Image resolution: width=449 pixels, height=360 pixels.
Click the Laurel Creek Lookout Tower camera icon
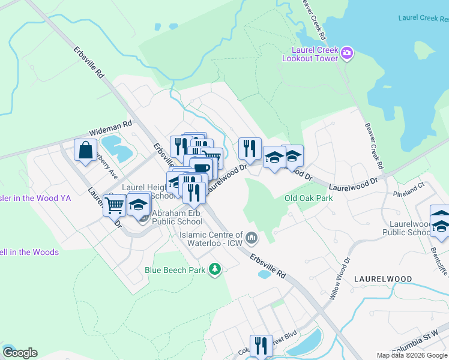tap(347, 55)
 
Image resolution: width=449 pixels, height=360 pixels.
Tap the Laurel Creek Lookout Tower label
tap(316, 54)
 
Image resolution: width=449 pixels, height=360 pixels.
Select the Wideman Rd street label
tap(110, 128)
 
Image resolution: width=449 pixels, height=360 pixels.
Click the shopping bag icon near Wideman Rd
tap(86, 150)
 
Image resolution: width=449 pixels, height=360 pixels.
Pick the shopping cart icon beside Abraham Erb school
tap(114, 205)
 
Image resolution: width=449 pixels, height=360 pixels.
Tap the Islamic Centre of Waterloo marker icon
tap(252, 239)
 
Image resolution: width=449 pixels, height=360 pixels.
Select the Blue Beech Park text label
tap(175, 270)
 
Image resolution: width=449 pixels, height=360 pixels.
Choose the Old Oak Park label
tap(309, 198)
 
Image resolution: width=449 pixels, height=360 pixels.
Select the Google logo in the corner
tap(20, 353)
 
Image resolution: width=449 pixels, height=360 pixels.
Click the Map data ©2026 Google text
tap(412, 355)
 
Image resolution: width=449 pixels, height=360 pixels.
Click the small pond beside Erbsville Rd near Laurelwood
tap(264, 274)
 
